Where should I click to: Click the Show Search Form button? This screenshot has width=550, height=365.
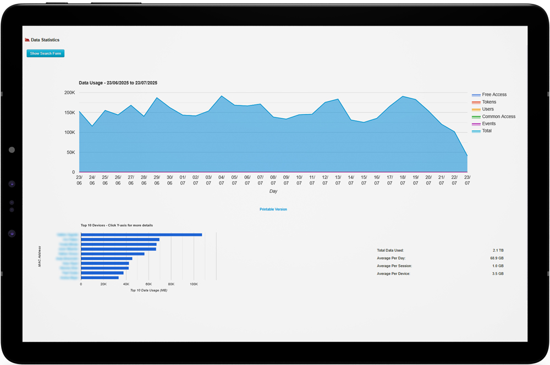46,53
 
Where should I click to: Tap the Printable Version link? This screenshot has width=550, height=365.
273,209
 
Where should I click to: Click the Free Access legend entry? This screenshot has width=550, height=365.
494,95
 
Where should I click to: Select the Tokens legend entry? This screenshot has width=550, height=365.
488,102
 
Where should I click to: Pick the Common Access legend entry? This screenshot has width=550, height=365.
498,117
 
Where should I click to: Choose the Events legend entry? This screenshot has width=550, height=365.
488,124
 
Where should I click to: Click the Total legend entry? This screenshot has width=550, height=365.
487,131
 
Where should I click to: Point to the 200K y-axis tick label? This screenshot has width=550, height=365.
69,93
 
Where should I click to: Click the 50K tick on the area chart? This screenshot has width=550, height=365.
70,152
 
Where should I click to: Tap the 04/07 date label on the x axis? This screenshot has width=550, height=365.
222,180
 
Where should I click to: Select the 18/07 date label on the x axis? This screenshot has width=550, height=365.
403,180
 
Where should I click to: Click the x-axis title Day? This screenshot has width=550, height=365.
273,191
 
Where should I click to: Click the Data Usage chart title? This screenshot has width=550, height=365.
118,83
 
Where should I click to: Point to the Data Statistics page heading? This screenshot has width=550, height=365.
45,40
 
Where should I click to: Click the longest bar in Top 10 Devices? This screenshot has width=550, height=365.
141,235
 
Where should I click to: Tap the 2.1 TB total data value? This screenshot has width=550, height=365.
498,251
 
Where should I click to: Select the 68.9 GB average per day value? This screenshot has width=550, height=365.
497,258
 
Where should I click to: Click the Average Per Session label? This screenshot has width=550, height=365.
394,266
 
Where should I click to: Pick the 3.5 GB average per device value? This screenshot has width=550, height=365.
498,274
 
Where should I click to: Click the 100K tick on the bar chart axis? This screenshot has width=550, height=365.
194,284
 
